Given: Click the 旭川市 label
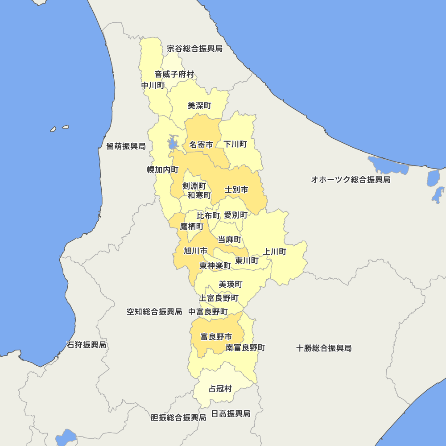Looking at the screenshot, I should [196, 250].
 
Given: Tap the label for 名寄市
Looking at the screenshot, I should [201, 144].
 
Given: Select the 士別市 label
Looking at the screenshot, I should [236, 190].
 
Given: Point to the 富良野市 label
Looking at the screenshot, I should [216, 336].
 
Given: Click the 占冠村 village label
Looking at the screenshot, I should [220, 388].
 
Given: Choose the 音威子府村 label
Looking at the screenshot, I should [174, 74].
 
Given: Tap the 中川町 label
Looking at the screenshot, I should [153, 85].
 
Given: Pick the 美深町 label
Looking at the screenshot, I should [199, 106].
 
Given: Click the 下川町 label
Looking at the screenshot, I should [235, 144].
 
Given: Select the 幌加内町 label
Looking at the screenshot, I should [163, 169].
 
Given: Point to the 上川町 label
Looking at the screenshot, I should [275, 252].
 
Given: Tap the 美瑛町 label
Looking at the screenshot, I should [231, 284].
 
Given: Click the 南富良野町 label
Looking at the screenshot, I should [245, 347].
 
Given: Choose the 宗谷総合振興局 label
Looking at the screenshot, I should [194, 48].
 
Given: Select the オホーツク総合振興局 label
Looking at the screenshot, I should [351, 179].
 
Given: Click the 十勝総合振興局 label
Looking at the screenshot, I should [324, 348].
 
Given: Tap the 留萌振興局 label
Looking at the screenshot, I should [126, 146].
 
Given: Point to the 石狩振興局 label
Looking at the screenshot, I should [87, 345].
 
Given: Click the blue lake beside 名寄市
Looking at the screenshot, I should [173, 143].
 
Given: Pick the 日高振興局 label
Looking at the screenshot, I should [231, 413].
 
